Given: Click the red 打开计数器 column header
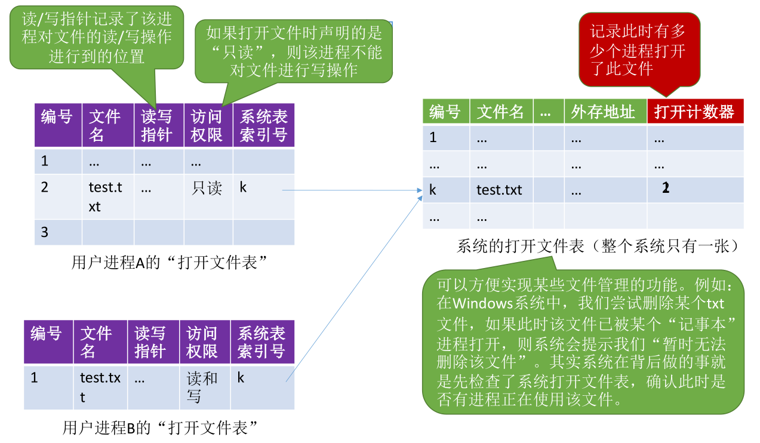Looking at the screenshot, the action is coord(695,111).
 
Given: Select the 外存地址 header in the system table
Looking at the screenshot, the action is coord(603,112).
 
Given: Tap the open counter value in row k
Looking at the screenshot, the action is coord(666,187).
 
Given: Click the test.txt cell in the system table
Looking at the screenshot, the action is coord(499,190).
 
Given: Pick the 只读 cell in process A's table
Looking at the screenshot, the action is coord(207,188).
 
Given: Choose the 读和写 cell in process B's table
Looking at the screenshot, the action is coord(202,387).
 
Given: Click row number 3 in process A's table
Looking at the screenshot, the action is coord(44,232).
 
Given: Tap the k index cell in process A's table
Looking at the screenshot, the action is coord(243,187).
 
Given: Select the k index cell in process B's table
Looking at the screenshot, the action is coord(241,377).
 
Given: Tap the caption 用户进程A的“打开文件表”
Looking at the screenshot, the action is coord(169,263).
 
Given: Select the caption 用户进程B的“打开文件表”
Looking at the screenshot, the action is coord(160,427).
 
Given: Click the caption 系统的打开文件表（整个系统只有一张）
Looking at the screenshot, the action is coord(598,246).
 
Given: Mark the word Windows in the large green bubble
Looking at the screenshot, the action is coord(483,303).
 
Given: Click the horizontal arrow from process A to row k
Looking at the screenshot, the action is coord(352,190).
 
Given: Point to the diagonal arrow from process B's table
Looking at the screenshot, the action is coord(354,289).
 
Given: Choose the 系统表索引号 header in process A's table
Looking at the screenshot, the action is coord(264,125).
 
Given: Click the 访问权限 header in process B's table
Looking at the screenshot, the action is coord(202,342).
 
